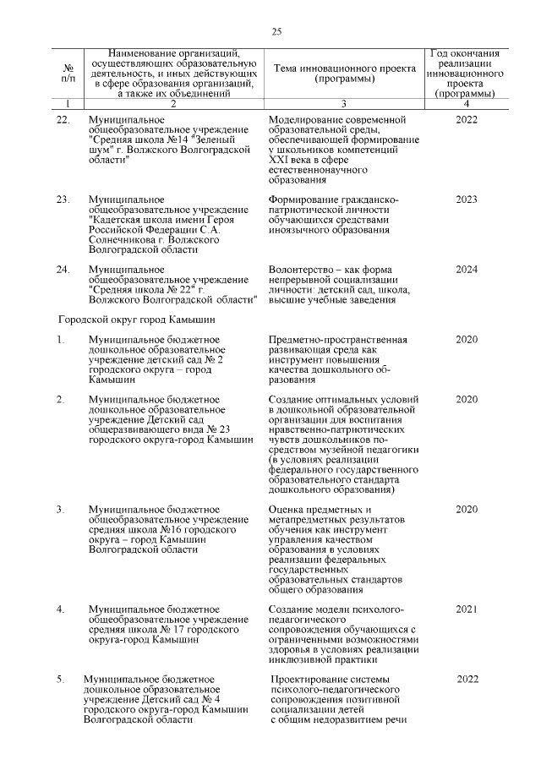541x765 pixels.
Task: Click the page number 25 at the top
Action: [x=276, y=32]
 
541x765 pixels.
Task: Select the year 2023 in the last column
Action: [x=466, y=199]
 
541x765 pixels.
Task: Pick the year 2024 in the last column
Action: [x=466, y=270]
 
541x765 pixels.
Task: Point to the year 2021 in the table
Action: [x=466, y=609]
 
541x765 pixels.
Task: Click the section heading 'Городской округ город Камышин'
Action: [x=136, y=320]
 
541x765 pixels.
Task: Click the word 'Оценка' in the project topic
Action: [x=286, y=510]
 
